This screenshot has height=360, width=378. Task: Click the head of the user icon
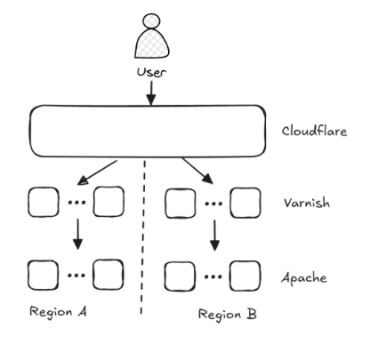(x=151, y=21)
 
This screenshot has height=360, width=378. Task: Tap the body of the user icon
(x=152, y=44)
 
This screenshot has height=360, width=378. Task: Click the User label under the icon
(x=151, y=73)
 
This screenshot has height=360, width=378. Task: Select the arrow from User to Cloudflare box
(x=151, y=92)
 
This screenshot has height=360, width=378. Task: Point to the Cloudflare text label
(x=314, y=131)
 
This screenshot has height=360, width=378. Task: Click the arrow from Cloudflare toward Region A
(x=97, y=172)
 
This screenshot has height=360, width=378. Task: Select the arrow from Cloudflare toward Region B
(x=197, y=171)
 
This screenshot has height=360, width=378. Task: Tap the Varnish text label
(x=307, y=203)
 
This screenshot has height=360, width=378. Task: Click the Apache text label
(x=304, y=278)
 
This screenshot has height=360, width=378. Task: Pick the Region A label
(x=58, y=312)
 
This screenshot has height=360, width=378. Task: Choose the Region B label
(x=228, y=315)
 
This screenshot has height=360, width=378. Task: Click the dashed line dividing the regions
(x=143, y=237)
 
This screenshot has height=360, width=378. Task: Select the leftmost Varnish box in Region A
(x=44, y=202)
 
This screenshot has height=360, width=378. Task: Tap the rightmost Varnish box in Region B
(x=245, y=203)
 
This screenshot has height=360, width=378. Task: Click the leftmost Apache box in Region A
(x=44, y=275)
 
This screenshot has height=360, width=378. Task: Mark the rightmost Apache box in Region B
(x=245, y=276)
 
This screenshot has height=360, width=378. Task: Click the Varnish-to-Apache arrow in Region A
(x=77, y=234)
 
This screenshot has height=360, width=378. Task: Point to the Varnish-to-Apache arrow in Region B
(x=214, y=236)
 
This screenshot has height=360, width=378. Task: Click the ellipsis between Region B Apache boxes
(x=213, y=277)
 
